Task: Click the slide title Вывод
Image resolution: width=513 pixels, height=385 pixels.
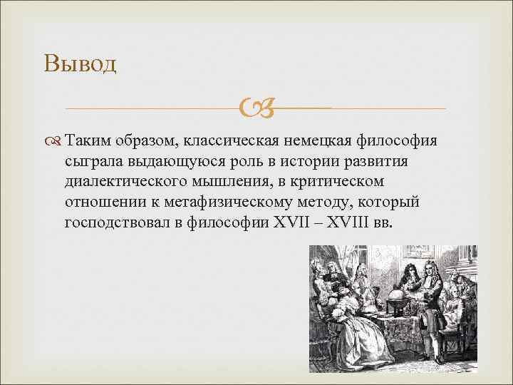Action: pos(79,64)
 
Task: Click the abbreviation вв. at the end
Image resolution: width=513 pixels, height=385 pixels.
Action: pos(383,223)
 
